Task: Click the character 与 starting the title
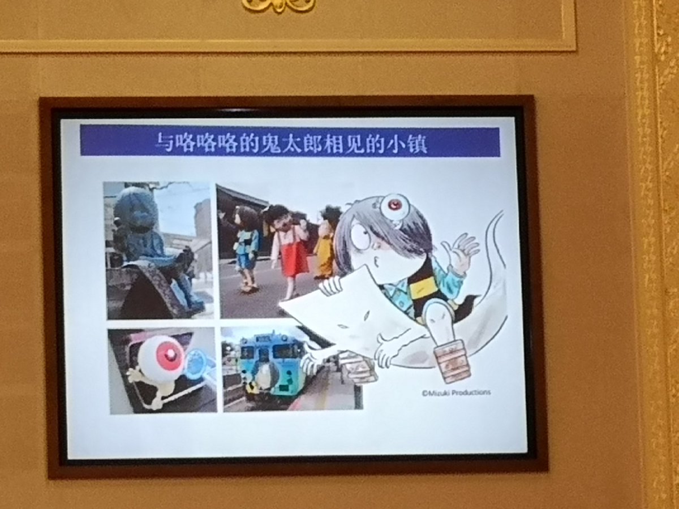[x=164, y=142]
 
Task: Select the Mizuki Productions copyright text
[x=456, y=392]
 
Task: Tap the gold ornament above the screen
[x=279, y=5]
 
